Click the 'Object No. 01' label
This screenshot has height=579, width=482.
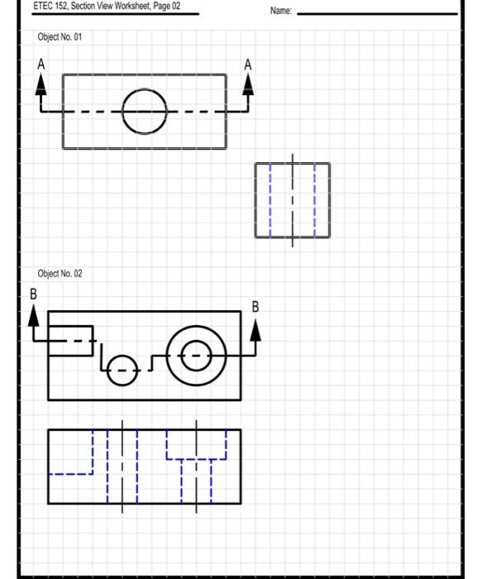click(60, 37)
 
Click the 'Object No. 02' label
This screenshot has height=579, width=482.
click(60, 274)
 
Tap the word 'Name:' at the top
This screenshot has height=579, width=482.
click(281, 11)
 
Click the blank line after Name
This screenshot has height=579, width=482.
click(376, 13)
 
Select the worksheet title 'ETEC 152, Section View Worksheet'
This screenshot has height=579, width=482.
click(106, 6)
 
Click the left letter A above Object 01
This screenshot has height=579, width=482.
click(41, 64)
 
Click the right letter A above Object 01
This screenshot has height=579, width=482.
click(247, 65)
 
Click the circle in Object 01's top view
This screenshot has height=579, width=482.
click(145, 111)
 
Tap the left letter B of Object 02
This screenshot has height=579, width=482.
click(34, 294)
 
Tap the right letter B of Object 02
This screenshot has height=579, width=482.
click(255, 307)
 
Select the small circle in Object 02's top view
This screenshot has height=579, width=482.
click(122, 370)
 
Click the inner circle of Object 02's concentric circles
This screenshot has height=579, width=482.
click(196, 356)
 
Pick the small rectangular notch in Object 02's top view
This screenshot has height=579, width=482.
click(70, 341)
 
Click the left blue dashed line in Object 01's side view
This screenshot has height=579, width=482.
click(270, 200)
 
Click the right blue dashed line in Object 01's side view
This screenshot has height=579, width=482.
click(315, 200)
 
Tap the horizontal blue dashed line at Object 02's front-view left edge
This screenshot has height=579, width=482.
click(70, 474)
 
